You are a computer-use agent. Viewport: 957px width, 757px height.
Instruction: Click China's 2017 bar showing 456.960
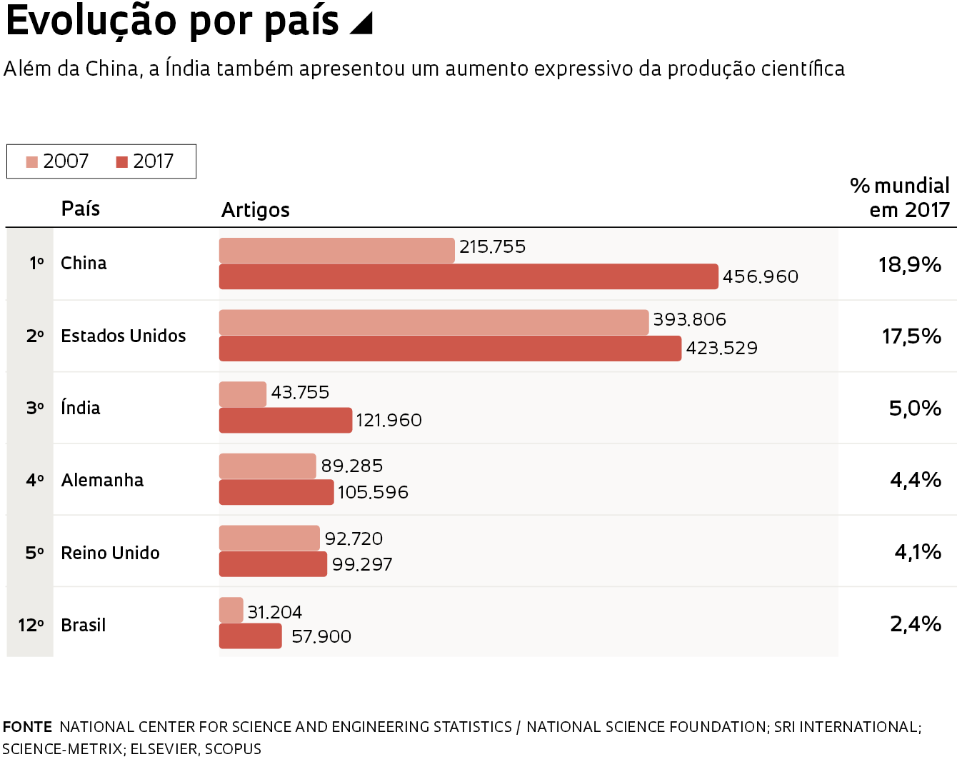pos(469,276)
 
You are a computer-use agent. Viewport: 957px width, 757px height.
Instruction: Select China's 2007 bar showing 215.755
pos(336,251)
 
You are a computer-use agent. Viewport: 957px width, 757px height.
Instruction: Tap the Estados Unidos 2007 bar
pos(434,322)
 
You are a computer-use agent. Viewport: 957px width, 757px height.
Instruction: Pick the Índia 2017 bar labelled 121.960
pos(286,420)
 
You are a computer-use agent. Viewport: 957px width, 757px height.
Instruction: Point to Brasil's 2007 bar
pos(231,610)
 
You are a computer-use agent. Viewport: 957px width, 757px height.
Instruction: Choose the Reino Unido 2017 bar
pos(273,564)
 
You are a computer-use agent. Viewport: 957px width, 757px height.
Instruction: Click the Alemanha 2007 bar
pos(267,466)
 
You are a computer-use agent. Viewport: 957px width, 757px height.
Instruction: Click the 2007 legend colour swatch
pos(32,162)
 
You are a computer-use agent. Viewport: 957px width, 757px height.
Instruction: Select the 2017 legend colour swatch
pos(122,162)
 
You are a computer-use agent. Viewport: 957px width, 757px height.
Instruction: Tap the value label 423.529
pos(721,349)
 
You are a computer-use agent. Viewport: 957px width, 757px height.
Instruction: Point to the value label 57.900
pos(321,636)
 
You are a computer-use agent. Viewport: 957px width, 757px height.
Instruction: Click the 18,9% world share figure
pos(909,265)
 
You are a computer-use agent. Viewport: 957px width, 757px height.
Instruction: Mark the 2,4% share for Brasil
pos(915,624)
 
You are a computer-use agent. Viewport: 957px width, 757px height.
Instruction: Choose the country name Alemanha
pos(102,480)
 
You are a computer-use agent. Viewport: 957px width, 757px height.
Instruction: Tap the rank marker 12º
pos(31,625)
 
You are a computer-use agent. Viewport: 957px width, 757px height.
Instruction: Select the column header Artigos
pos(256,210)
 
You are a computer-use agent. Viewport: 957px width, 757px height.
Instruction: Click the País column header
pos(81,209)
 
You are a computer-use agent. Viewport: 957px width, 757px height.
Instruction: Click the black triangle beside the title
pos(362,23)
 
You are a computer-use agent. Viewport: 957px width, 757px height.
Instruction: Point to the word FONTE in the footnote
pos(27,727)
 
